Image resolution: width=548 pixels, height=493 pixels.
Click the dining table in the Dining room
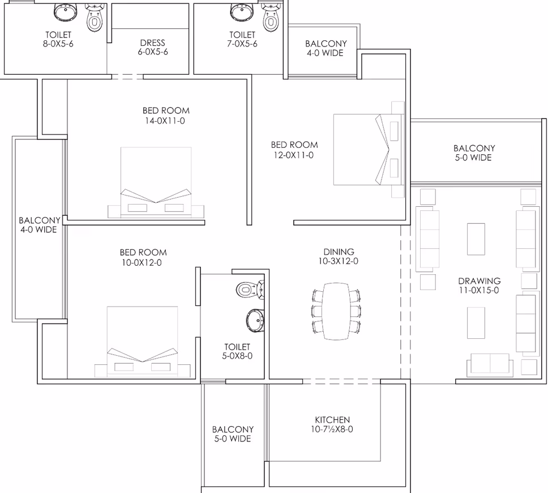(336, 311)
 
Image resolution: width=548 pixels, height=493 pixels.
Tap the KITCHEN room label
(332, 419)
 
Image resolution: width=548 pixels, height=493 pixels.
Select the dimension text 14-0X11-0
(165, 121)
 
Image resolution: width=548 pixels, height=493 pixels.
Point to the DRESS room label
(152, 42)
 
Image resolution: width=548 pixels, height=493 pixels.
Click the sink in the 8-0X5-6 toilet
(65, 12)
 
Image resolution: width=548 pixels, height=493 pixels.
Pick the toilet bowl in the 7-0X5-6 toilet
(271, 18)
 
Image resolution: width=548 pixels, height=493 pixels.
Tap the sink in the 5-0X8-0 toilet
(255, 320)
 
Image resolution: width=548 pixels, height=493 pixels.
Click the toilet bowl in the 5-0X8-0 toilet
(250, 290)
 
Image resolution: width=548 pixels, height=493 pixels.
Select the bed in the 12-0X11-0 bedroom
(369, 150)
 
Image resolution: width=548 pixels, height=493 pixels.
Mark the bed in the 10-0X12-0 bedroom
(142, 342)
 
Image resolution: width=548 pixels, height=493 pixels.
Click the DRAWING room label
(479, 280)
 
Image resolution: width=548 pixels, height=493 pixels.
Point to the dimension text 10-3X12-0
(338, 261)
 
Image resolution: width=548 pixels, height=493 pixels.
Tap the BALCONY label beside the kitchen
(233, 430)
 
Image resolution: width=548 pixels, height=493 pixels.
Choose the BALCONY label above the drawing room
(474, 148)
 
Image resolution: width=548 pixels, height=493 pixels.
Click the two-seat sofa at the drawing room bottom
(490, 364)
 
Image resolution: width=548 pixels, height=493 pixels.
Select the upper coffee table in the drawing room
(476, 239)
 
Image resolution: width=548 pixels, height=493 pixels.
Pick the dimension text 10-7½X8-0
(332, 429)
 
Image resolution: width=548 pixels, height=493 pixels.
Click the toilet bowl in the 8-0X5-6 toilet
(94, 18)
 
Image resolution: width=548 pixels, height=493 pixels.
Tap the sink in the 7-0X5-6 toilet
(242, 12)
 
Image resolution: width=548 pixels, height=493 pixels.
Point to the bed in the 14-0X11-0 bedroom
(156, 182)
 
